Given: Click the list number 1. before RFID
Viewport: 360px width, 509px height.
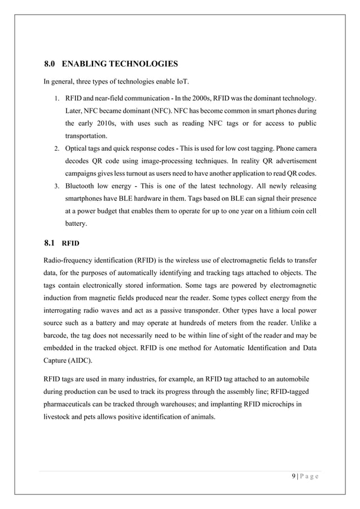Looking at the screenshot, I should coord(57,98).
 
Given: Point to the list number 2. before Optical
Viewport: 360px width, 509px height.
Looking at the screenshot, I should coord(57,149).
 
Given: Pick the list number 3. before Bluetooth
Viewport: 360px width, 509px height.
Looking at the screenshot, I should coord(57,186).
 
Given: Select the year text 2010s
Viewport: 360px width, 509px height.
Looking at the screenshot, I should coord(108,124).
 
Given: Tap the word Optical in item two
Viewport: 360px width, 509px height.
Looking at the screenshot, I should coord(77,149).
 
